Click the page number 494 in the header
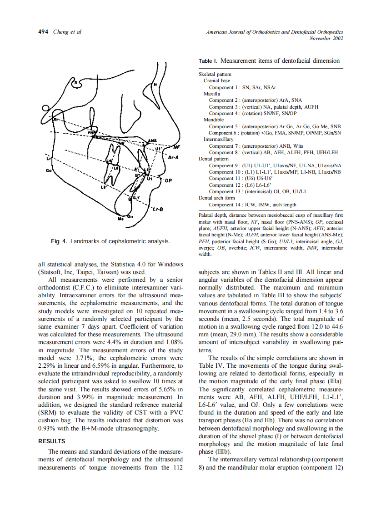click(x=43, y=32)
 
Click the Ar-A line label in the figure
click(x=173, y=158)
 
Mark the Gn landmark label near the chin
click(x=130, y=216)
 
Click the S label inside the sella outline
click(x=77, y=83)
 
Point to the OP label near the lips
click(x=168, y=180)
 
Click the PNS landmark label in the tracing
click(x=92, y=133)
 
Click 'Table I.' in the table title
click(x=208, y=61)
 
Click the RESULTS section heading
click(x=51, y=441)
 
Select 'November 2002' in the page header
click(x=326, y=38)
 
